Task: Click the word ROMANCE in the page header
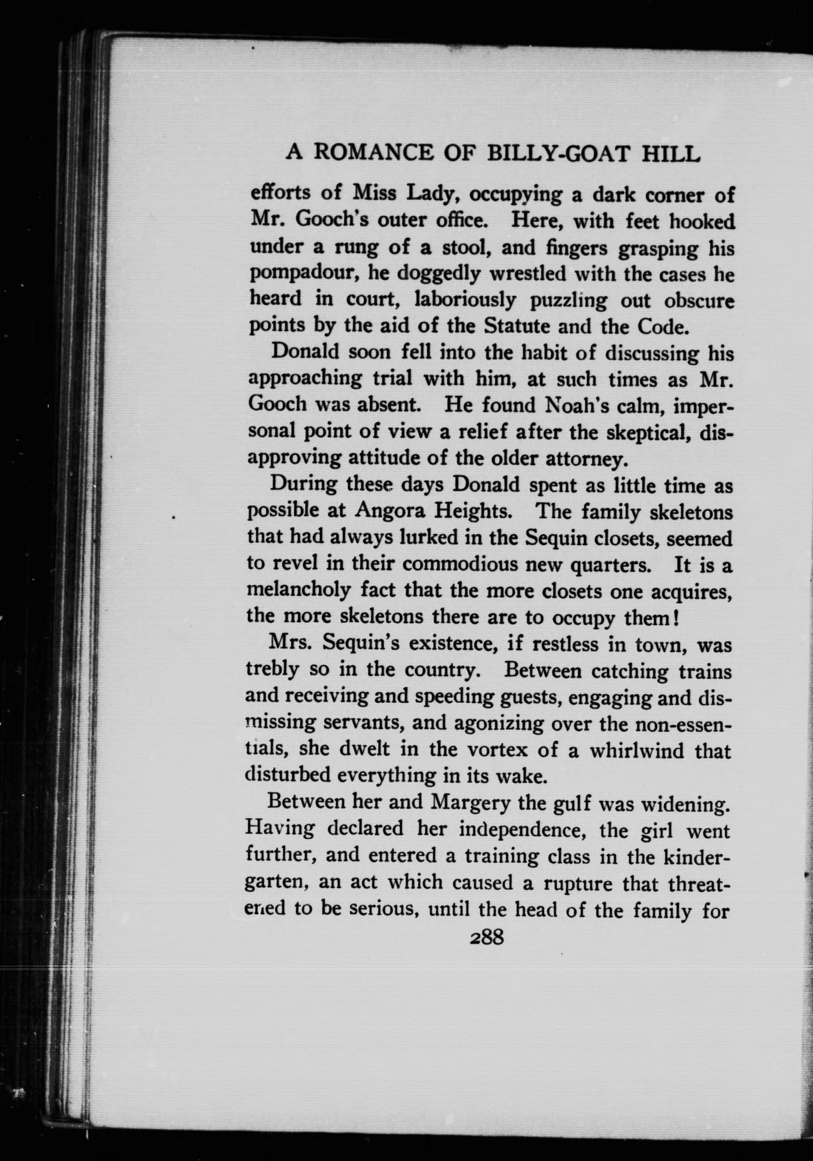point(373,152)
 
